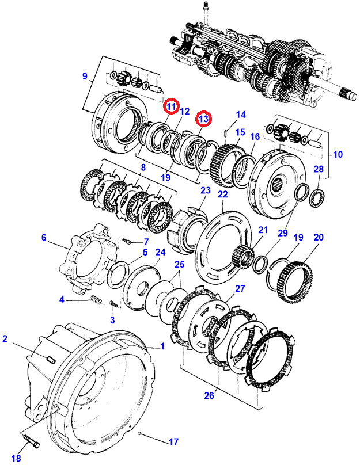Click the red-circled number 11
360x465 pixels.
point(171,106)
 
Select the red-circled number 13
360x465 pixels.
point(203,119)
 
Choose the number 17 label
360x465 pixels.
point(173,442)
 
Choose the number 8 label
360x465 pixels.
point(143,167)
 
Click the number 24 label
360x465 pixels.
point(160,251)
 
